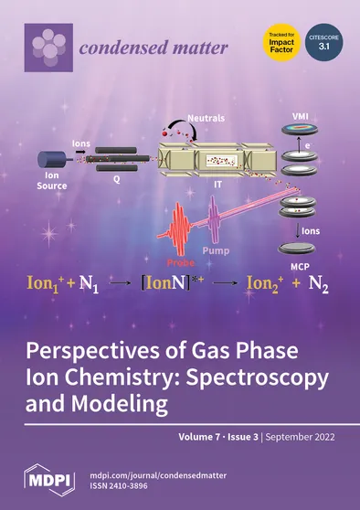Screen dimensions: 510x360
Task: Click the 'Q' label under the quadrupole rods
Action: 116,179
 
